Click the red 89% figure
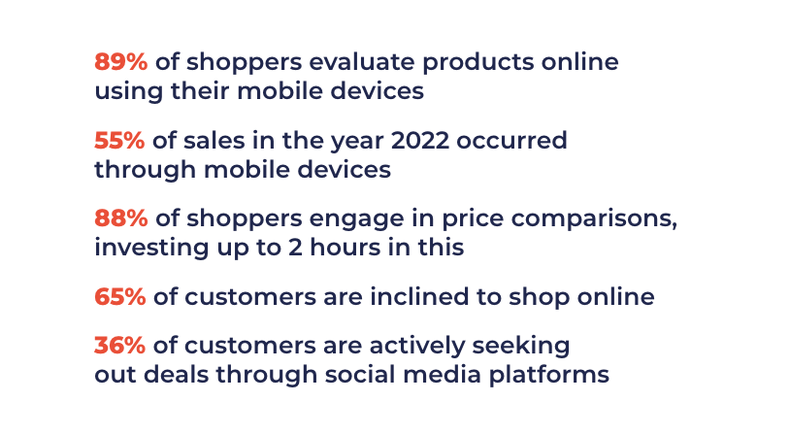[x=121, y=62]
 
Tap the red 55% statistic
[x=119, y=140]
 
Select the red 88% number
[x=121, y=218]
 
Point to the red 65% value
[x=120, y=296]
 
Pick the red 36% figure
[x=120, y=346]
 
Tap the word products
[x=478, y=63]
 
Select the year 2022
[x=419, y=140]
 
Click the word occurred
[x=511, y=140]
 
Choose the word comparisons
[x=594, y=220]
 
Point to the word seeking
[x=521, y=347]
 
